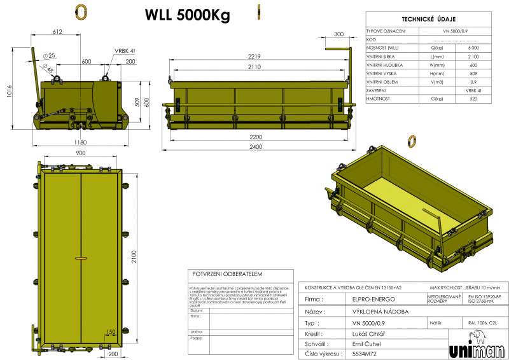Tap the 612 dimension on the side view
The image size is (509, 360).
(58, 31)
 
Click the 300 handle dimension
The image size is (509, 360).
(338, 34)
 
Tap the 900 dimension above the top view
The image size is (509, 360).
(81, 153)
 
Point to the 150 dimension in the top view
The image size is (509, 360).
(111, 331)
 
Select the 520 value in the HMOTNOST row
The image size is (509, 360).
(473, 99)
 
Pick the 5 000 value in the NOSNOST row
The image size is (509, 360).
(473, 48)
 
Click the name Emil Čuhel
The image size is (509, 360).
(366, 343)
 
